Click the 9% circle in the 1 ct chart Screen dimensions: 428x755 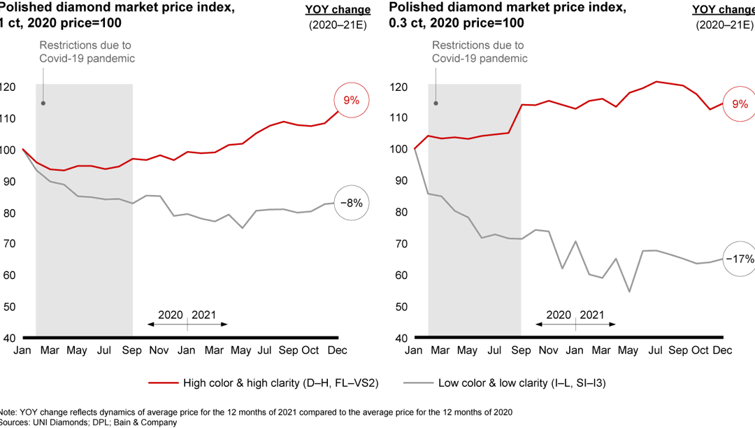[351, 101]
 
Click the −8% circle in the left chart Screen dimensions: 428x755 [351, 204]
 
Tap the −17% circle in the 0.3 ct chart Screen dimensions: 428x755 [740, 259]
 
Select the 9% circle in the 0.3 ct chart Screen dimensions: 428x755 [740, 104]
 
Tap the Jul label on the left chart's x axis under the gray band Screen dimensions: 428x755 [103, 350]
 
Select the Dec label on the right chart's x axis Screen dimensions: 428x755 [723, 350]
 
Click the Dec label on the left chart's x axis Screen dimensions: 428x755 [338, 350]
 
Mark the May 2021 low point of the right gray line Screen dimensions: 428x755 [629, 292]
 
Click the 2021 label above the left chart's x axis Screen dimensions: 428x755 [204, 315]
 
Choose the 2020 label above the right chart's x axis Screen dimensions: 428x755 [559, 315]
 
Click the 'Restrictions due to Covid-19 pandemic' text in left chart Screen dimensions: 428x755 [87, 52]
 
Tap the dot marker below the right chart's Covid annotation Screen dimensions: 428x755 [436, 104]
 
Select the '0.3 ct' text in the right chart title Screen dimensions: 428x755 [405, 22]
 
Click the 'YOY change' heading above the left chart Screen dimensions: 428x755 [338, 10]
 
